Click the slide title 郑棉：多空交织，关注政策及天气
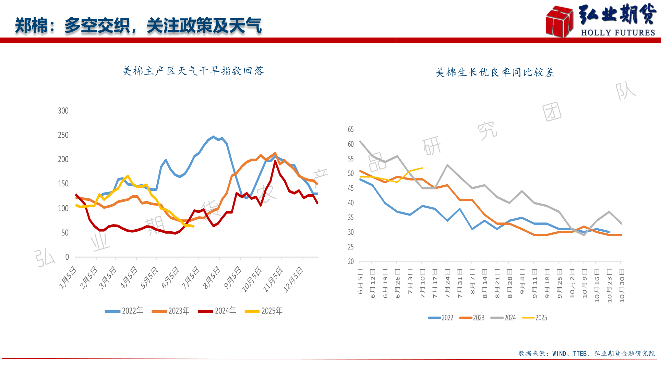[138, 26]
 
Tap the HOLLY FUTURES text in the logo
[618, 33]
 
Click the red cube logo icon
[559, 21]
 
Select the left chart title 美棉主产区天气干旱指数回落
[193, 71]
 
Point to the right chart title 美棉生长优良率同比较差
[495, 72]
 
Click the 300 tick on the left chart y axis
[63, 111]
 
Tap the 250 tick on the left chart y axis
[63, 135]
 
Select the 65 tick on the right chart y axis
[351, 129]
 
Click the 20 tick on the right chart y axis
[351, 262]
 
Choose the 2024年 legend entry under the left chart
[217, 311]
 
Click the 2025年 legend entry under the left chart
[264, 311]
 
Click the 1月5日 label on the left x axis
[68, 278]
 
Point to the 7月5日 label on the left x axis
[191, 278]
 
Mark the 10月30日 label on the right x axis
[622, 286]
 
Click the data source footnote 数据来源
[586, 354]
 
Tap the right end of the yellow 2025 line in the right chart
[422, 168]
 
